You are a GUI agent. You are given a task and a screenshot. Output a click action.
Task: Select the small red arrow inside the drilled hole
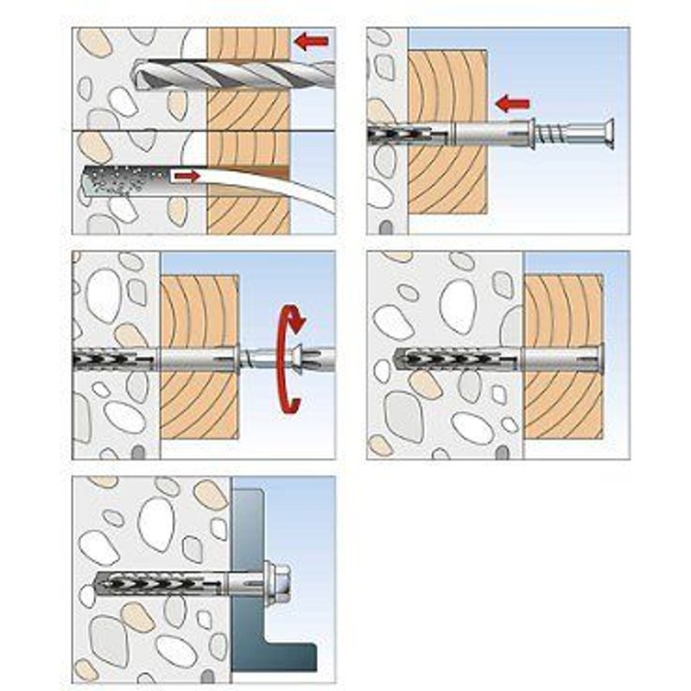pyautogui.click(x=186, y=176)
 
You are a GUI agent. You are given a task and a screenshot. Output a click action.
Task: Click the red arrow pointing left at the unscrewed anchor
pyautogui.click(x=513, y=105)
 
